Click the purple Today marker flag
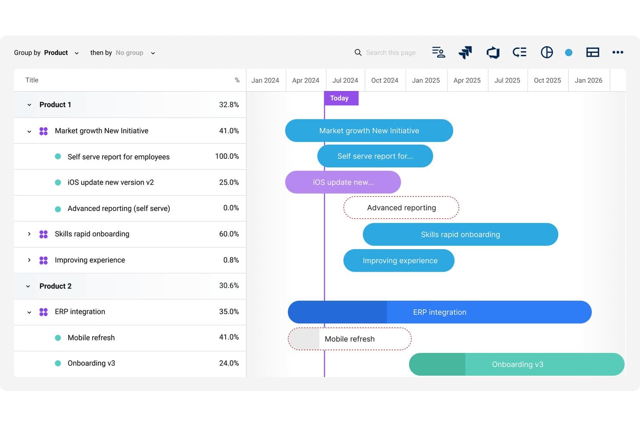tap(341, 98)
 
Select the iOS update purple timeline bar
tap(343, 182)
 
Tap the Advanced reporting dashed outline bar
tap(401, 208)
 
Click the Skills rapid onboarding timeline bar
tap(460, 234)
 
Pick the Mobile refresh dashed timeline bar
tap(349, 339)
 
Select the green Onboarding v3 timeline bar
tap(517, 364)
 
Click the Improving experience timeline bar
tap(399, 260)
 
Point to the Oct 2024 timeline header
tap(384, 80)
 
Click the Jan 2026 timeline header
tap(588, 80)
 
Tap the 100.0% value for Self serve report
tap(227, 156)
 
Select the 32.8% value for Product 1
tap(229, 105)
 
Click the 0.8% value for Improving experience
tap(231, 260)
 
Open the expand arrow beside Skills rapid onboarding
tap(29, 234)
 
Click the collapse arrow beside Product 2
tap(28, 286)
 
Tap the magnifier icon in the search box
tap(358, 52)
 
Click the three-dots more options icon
tap(618, 52)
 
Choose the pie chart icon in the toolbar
tap(547, 52)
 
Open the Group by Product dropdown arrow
tap(77, 53)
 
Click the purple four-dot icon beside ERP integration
tap(43, 312)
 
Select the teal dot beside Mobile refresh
tap(58, 338)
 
